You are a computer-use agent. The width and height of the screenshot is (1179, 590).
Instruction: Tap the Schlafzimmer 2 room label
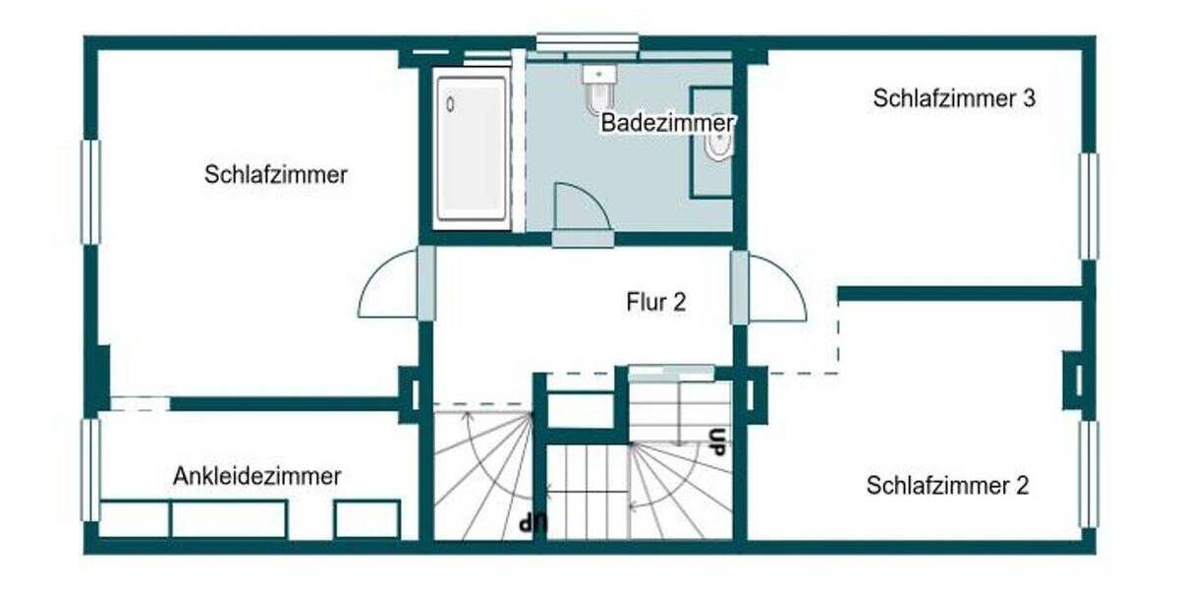point(947,486)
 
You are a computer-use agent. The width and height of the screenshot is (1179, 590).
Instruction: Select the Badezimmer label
point(668,124)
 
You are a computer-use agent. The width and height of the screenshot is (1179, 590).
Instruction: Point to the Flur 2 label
point(655,302)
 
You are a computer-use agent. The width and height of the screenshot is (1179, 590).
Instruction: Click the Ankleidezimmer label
point(257,477)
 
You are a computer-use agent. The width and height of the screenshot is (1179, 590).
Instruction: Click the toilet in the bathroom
point(598,88)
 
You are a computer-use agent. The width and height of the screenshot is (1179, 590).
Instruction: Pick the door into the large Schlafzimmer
point(390,285)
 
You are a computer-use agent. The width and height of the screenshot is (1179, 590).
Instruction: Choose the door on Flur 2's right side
point(776,287)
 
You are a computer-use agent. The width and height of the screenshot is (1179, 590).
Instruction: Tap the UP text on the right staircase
point(717,441)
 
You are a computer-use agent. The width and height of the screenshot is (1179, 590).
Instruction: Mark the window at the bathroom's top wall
point(587,42)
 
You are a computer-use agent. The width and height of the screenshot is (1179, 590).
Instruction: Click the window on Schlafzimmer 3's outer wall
point(1089,206)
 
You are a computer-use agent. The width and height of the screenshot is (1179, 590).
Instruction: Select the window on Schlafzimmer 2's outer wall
point(1089,474)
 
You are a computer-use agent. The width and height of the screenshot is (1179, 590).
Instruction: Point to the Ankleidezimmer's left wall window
point(89,470)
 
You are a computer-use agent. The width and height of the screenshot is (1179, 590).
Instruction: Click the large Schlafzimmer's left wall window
point(89,192)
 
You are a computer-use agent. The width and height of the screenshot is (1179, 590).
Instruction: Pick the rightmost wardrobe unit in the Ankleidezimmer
point(366,518)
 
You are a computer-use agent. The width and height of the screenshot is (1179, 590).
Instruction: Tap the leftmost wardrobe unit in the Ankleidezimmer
point(135,518)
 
